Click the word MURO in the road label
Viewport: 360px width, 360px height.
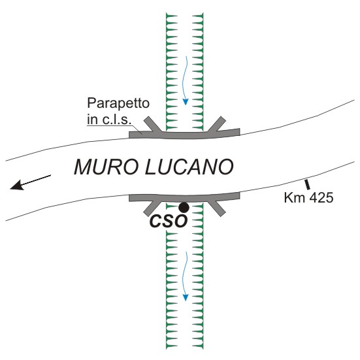point(106,167)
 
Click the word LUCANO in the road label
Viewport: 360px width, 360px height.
point(189,167)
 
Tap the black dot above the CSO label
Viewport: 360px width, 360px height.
point(184,208)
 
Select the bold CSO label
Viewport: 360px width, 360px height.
point(168,221)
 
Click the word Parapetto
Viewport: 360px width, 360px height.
point(118,104)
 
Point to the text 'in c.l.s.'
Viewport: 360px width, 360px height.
point(109,120)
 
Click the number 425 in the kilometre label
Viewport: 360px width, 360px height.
point(321,198)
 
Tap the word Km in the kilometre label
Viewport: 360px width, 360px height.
point(295,198)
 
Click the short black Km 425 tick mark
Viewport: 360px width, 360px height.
point(308,185)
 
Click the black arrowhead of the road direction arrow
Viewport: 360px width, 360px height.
point(16,185)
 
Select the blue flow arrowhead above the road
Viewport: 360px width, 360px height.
point(186,102)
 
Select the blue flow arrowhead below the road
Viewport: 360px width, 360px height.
point(186,297)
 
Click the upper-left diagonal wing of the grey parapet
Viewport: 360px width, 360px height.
point(153,124)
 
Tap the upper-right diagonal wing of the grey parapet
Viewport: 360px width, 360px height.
point(217,124)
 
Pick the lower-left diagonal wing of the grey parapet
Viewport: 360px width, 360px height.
point(153,208)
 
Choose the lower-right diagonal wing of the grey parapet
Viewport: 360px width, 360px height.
point(216,208)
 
